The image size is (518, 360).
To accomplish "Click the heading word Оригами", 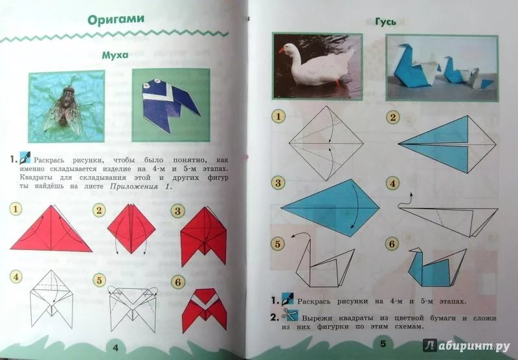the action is (116, 19).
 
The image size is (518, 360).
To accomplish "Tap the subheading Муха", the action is (115, 55).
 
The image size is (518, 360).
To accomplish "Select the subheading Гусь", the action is (385, 22).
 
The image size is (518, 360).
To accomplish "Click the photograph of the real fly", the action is (67, 106).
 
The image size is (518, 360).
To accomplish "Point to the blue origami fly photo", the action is (171, 105).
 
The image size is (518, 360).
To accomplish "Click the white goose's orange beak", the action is (282, 51).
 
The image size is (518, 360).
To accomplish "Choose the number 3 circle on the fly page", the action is (177, 210).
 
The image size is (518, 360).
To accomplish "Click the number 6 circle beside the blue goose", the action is (392, 244).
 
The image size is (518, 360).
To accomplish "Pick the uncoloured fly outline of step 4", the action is (51, 299).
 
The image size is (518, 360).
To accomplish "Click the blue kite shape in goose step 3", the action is (330, 208).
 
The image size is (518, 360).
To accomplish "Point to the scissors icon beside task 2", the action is (289, 315).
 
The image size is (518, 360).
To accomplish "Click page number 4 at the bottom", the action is (115, 348).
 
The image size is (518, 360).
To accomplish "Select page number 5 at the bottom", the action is (383, 343).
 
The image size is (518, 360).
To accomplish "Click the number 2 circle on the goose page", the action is (392, 117).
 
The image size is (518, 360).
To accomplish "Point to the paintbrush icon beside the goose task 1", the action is (287, 299).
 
